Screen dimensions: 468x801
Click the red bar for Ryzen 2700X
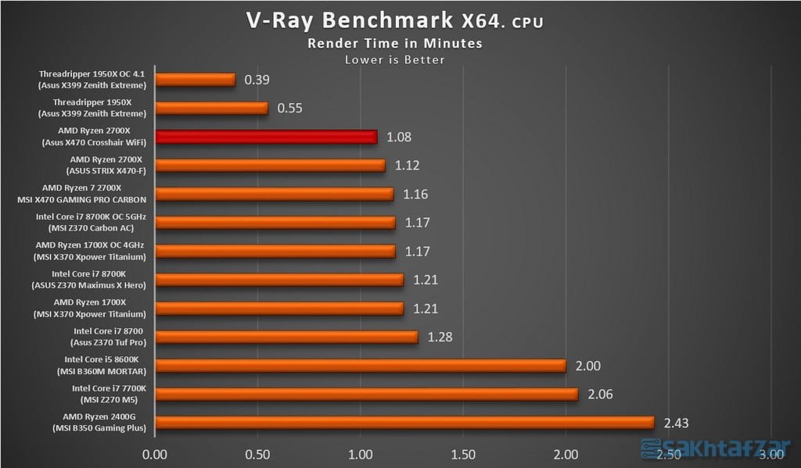coord(266,137)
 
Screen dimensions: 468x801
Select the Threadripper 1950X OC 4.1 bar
coord(196,80)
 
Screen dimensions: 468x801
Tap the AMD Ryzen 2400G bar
coord(404,423)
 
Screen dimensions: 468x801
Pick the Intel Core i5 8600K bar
coord(361,366)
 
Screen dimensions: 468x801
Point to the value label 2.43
coord(677,423)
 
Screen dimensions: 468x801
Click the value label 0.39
coord(257,80)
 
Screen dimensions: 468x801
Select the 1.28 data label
coord(440,337)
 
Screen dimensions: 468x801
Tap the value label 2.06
coord(601,395)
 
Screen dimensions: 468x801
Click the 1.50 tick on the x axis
coord(463,453)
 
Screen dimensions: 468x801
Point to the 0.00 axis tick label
coord(156,453)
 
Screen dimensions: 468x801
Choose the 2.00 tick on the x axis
coord(566,453)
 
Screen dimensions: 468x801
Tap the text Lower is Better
coord(394,59)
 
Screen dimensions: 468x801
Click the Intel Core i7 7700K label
coord(109,394)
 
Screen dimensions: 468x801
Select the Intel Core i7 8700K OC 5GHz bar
coord(275,223)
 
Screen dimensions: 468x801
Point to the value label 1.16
coord(416,194)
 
